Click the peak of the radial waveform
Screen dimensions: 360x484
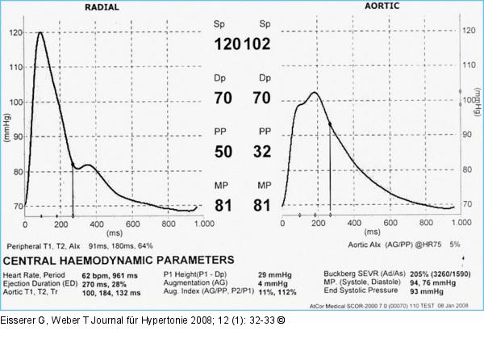pyautogui.click(x=40, y=33)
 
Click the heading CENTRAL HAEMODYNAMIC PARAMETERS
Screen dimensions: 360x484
pyautogui.click(x=119, y=259)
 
